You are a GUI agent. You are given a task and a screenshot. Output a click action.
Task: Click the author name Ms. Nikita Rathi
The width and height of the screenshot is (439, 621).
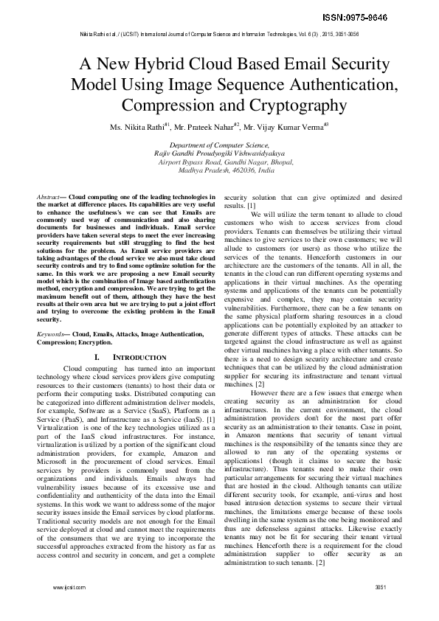[x=137, y=127]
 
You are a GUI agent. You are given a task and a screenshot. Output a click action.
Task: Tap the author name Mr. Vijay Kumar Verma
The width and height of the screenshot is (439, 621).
[x=283, y=127]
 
